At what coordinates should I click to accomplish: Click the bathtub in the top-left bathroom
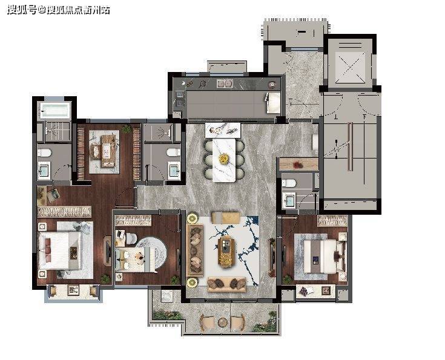click(55, 110)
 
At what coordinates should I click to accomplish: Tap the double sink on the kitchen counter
click(225, 83)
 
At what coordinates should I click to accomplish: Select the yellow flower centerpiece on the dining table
click(224, 158)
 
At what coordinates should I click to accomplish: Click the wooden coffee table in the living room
click(226, 252)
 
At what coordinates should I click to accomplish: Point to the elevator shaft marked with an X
click(350, 68)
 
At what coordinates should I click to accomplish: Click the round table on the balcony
click(223, 322)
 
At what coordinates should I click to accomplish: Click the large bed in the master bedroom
click(60, 250)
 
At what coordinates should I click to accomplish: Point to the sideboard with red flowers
click(298, 164)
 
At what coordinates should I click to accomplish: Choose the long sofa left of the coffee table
click(195, 250)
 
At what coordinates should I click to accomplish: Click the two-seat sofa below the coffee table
click(226, 284)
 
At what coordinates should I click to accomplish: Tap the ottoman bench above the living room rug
click(226, 218)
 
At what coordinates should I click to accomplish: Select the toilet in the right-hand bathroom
click(289, 183)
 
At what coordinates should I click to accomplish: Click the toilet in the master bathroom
click(44, 153)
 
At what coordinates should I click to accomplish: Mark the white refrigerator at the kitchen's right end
click(273, 103)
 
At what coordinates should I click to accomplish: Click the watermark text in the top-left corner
click(59, 10)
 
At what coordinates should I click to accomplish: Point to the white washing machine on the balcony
click(167, 296)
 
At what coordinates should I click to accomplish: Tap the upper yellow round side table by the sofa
click(193, 218)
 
